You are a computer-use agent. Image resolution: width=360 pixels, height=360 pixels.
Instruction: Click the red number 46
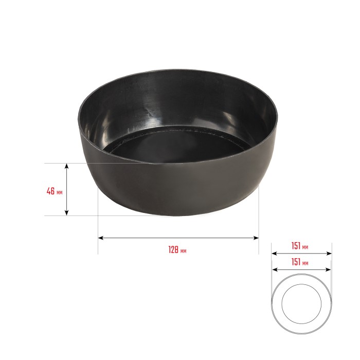50,191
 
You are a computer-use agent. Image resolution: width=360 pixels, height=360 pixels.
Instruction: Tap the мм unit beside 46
60,192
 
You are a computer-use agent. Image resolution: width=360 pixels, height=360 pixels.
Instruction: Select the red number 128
173,250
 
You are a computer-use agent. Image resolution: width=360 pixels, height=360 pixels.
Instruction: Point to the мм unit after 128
184,251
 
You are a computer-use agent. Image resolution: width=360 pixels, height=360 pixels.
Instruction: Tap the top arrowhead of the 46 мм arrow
66,166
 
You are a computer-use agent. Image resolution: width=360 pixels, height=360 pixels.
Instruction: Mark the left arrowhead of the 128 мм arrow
100,238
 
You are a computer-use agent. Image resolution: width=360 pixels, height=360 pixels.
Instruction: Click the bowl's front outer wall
175,190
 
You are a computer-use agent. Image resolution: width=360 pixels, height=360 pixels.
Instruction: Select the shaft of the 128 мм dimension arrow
178,238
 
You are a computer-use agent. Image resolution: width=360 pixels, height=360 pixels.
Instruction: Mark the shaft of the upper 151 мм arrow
301,253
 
